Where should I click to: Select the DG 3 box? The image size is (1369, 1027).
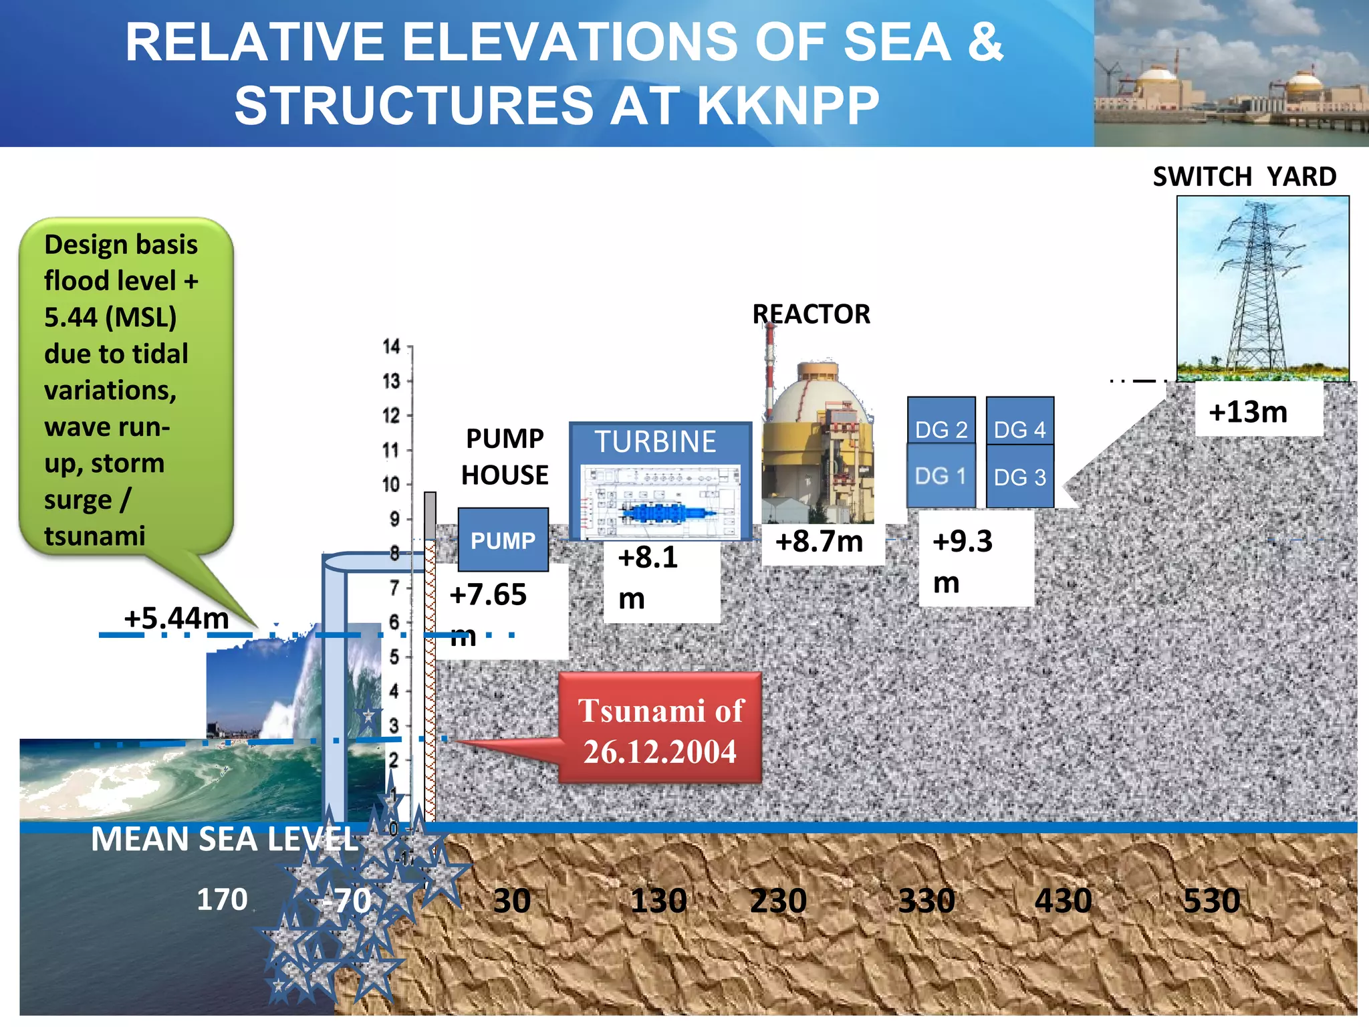coord(1019,477)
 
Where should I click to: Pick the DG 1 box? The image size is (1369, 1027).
coord(941,476)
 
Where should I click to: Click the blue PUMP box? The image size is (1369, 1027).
coord(503,540)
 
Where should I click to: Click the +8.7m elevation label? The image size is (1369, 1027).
coord(819,542)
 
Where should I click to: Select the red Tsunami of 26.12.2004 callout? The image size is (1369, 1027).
coord(660,729)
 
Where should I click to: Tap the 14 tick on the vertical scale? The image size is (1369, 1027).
coord(392,346)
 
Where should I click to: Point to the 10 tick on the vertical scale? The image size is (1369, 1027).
coord(392,484)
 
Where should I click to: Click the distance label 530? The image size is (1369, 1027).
coord(1211,901)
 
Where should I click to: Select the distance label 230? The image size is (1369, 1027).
coord(778,901)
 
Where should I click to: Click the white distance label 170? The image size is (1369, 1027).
coord(222,899)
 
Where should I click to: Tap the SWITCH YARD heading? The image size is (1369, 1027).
coord(1244,177)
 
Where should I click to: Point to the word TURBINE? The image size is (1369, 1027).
coord(655,442)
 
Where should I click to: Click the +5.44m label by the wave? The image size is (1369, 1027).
coord(176,618)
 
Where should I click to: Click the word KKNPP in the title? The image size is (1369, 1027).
coord(789,106)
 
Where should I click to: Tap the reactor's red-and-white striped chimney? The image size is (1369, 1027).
coord(770,364)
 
